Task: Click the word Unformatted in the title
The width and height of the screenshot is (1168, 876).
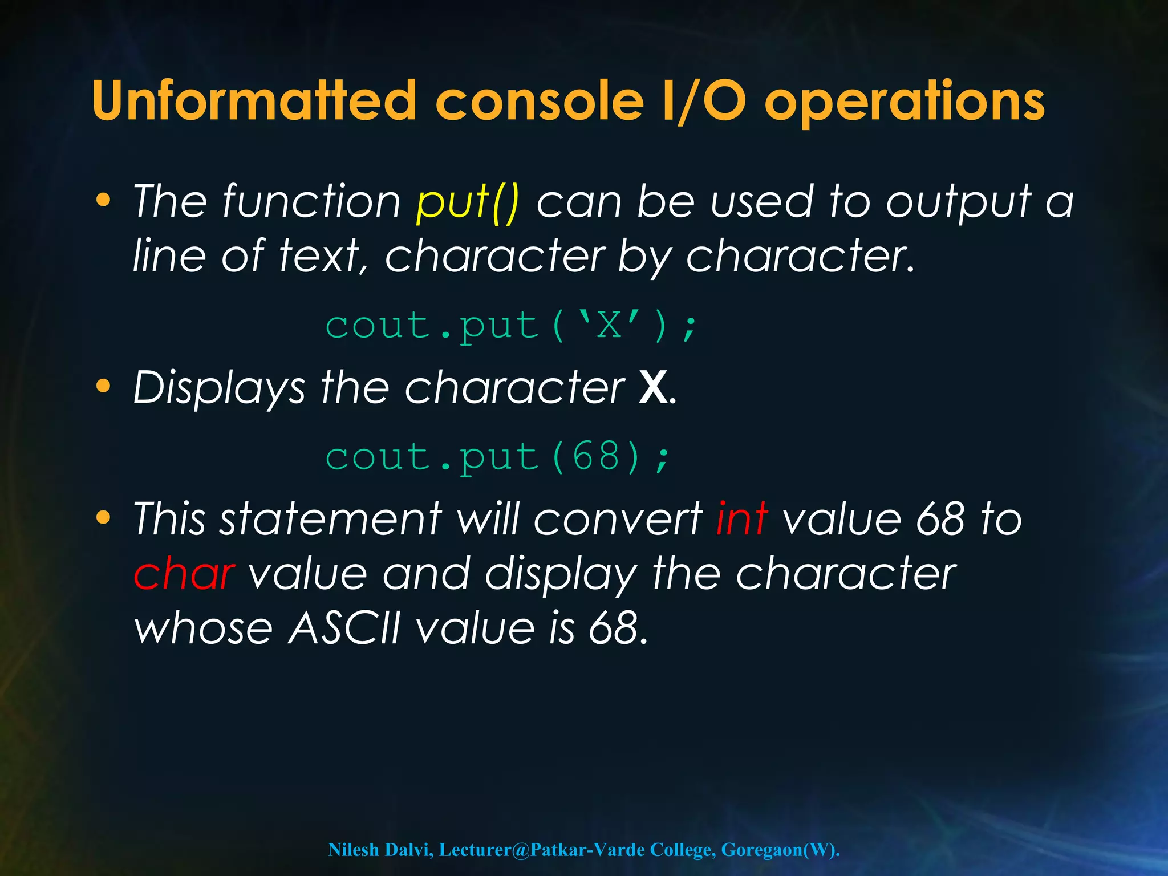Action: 254,101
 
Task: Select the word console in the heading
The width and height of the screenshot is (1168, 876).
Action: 540,101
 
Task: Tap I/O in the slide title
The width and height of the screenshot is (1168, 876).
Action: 704,101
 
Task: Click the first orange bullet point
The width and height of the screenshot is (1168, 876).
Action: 103,200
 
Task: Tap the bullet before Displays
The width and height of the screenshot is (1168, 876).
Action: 103,386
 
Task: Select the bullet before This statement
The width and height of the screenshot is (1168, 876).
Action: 103,517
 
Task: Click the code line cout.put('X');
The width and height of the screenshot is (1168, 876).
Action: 510,327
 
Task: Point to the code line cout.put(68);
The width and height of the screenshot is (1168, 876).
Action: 497,457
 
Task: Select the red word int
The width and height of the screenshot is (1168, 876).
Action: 741,518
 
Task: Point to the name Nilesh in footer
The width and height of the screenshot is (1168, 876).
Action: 353,850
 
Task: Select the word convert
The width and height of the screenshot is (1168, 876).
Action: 618,518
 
